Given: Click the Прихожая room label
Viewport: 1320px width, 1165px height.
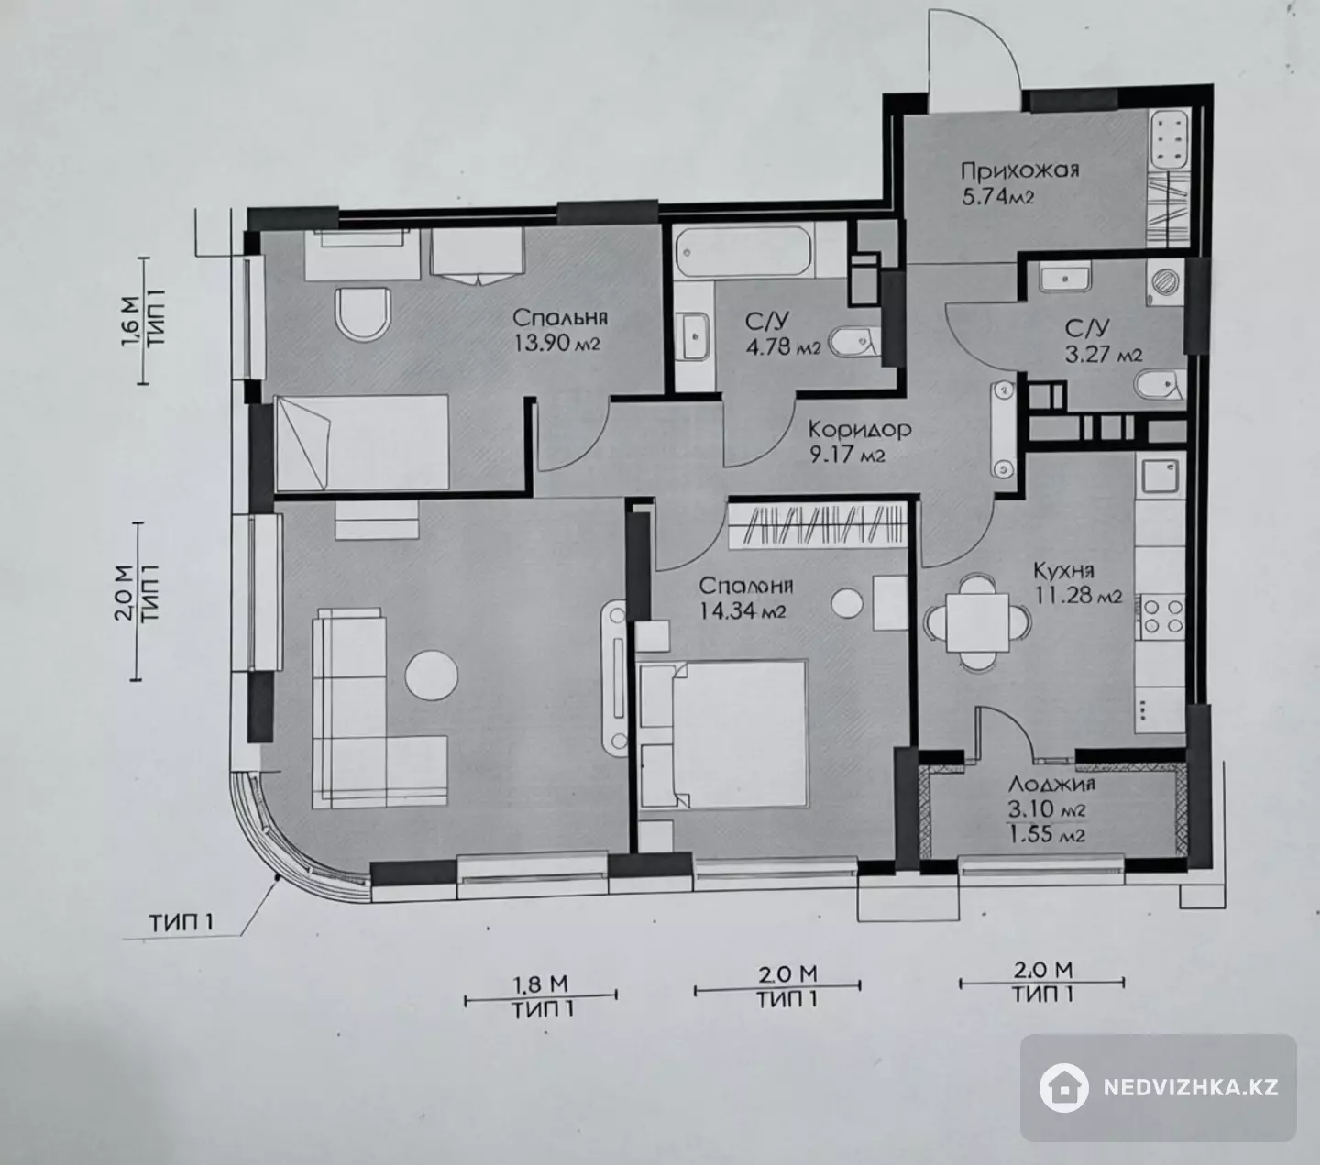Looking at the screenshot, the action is point(1019,170).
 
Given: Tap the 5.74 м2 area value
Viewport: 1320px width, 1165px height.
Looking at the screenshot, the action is point(997,196).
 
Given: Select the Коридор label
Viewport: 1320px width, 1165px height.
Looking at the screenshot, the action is point(859,429).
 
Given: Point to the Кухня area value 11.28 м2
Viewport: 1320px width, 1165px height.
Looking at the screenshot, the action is point(1078,596).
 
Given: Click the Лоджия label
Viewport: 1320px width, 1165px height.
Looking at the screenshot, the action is point(1050,783).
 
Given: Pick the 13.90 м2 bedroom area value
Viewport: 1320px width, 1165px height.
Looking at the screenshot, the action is point(557,344).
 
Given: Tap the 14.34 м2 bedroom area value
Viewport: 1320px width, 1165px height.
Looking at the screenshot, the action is point(742,611).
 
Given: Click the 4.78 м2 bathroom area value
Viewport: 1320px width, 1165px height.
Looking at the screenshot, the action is point(783,346).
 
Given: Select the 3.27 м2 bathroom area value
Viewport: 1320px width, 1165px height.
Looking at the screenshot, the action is point(1104,355).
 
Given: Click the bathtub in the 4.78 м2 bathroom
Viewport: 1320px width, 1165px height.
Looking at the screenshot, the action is point(743,251).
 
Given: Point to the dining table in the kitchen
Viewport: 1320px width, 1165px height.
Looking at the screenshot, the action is point(977,622).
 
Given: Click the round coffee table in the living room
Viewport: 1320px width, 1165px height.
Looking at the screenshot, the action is point(432,675).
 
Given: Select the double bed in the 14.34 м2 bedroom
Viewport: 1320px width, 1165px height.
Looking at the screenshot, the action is point(723,734).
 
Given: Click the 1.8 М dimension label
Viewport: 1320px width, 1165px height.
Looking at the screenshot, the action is point(541,982).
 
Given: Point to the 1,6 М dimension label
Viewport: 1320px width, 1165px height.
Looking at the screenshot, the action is point(131,322).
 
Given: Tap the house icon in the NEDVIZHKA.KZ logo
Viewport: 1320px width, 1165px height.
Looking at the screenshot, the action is point(1064,1086).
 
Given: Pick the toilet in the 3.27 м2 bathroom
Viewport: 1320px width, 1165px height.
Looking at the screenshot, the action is point(1158,384).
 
